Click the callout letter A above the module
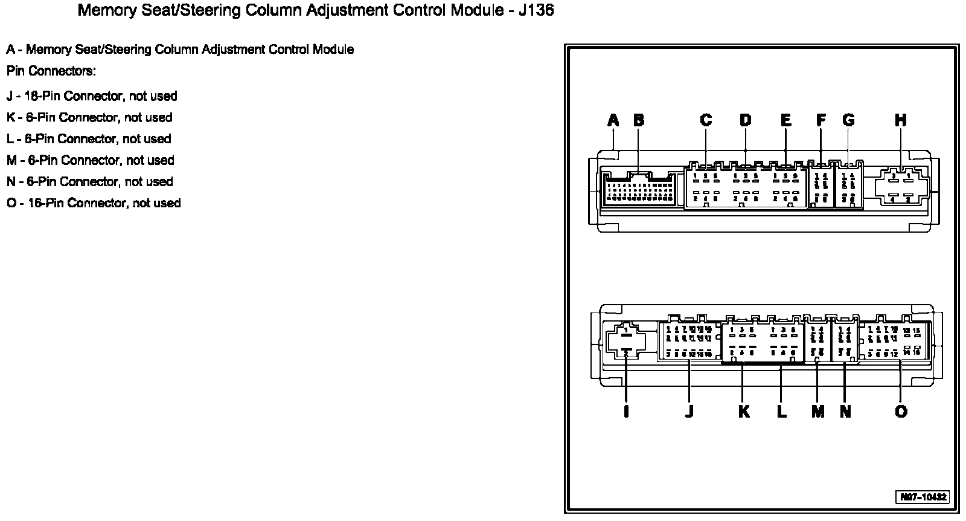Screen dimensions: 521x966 pos(613,120)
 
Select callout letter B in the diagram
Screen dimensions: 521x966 pos(639,120)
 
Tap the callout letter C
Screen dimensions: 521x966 pos(706,120)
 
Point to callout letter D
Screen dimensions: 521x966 pos(746,120)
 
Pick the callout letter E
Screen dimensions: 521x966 pos(785,120)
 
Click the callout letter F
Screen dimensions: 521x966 pos(821,120)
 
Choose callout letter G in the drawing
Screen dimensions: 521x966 pos(848,120)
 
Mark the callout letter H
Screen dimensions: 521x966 pos(901,120)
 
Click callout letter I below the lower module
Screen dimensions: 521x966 pos(626,412)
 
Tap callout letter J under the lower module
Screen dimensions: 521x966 pos(689,412)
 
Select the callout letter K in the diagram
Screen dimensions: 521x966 pos(744,412)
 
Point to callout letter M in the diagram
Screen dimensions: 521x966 pos(818,412)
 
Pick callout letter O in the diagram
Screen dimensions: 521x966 pos(901,412)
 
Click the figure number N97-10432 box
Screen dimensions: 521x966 pos(923,497)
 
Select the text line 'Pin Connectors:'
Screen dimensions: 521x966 pos(51,71)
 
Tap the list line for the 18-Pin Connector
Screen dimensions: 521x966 pos(92,96)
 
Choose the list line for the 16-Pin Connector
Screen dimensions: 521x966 pos(94,203)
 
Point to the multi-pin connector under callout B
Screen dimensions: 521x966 pos(639,189)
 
